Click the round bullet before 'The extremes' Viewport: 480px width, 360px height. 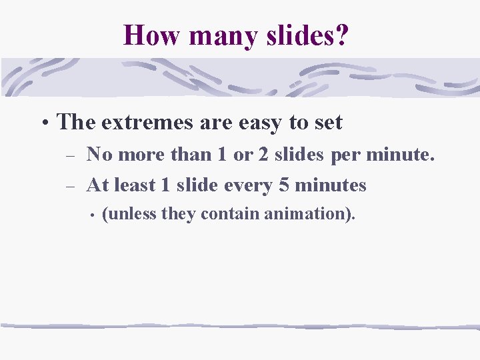click(x=44, y=123)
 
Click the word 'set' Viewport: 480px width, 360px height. click(x=329, y=123)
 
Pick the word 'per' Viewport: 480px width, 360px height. click(x=345, y=155)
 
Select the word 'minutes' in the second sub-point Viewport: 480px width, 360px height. click(x=330, y=185)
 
